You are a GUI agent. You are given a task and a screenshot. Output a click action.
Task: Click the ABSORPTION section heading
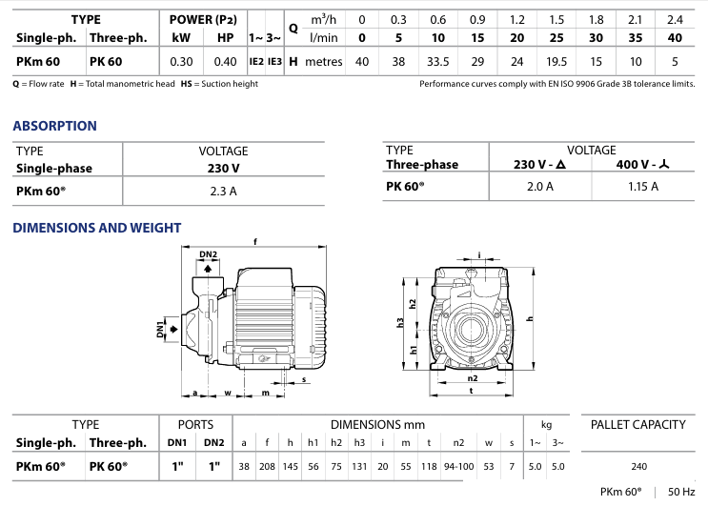pos(54,126)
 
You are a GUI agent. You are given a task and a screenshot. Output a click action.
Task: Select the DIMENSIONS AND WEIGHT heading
pos(96,228)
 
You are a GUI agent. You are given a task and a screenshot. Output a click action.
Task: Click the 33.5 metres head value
pos(437,61)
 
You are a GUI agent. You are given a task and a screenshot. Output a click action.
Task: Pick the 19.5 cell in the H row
pos(556,61)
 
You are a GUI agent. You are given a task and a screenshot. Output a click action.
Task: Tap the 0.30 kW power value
pos(181,61)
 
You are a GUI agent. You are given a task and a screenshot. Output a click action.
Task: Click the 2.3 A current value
pos(223,191)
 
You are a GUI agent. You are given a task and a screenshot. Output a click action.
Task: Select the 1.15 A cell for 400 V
pos(643,186)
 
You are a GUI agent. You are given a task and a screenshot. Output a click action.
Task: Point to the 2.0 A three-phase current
pos(539,186)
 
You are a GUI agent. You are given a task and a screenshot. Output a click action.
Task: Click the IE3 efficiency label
pos(274,61)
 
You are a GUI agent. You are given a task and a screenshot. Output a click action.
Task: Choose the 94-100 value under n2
pos(458,466)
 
